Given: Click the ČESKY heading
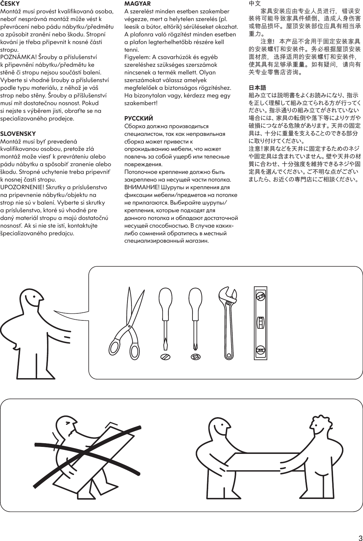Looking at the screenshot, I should point(10,4).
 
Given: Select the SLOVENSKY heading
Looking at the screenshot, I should point(18,134).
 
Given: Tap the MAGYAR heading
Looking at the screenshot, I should point(137,4).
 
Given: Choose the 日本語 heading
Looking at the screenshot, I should point(258,88).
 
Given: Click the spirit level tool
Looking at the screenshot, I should point(260,323).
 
